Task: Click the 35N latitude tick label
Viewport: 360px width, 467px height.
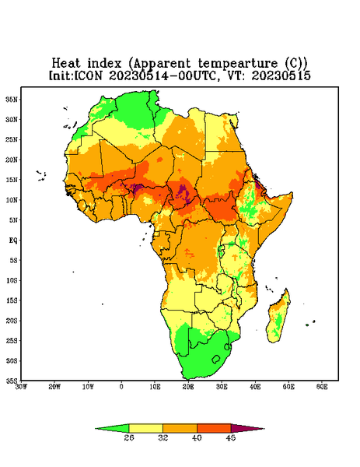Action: click(12, 99)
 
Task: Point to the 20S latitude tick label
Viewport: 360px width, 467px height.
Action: click(12, 321)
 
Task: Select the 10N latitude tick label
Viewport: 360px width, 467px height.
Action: click(12, 200)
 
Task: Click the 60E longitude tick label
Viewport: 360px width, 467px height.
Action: click(322, 387)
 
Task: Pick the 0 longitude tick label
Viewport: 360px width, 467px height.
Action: click(121, 387)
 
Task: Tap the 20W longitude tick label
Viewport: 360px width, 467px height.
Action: click(54, 387)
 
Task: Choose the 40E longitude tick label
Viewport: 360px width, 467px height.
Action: click(255, 387)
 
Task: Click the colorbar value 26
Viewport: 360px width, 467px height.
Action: click(129, 437)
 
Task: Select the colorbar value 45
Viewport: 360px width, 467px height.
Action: click(231, 437)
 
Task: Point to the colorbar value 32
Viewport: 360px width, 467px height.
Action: click(163, 437)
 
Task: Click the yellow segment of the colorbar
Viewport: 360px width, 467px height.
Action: click(145, 428)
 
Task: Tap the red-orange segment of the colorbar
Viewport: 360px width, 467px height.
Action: click(214, 428)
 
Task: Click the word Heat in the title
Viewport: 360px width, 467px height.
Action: click(66, 63)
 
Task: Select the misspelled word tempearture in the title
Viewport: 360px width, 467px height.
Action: click(238, 64)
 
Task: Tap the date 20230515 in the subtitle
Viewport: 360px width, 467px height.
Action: click(281, 75)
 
